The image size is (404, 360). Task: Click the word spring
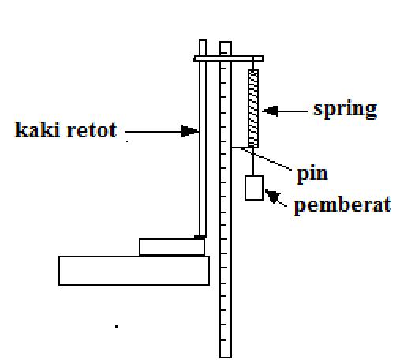(x=345, y=109)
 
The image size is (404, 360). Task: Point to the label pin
(x=312, y=173)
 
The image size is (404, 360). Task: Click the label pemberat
(x=342, y=205)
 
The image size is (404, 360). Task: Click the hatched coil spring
(x=253, y=109)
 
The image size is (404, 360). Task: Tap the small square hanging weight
(x=253, y=188)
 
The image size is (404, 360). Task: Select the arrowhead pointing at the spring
(x=268, y=111)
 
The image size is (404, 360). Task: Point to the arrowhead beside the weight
(x=273, y=197)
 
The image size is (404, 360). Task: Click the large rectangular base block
(x=133, y=270)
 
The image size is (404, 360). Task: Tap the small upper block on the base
(x=171, y=247)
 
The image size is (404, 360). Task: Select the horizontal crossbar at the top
(x=227, y=58)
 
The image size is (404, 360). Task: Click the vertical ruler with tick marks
(x=226, y=237)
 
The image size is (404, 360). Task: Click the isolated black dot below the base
(x=118, y=325)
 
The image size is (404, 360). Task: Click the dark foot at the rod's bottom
(x=200, y=236)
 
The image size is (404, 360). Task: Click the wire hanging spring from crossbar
(x=253, y=66)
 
